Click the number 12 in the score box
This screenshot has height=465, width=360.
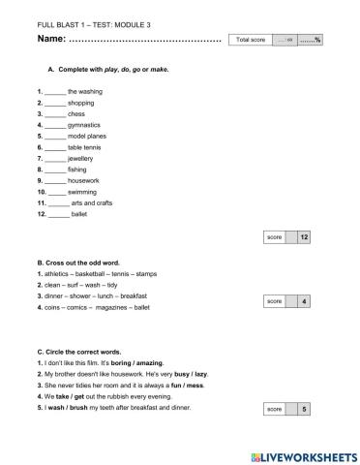click(x=304, y=236)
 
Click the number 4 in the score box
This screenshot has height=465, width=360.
click(x=304, y=302)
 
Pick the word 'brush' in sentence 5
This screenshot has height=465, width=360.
click(x=79, y=407)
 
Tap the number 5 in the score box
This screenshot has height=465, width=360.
click(x=304, y=410)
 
